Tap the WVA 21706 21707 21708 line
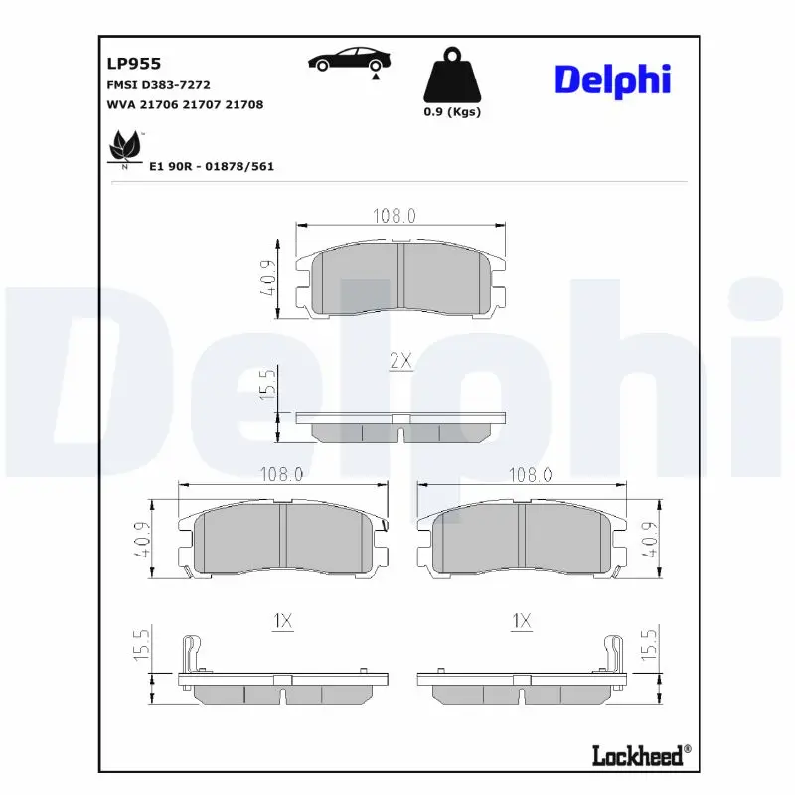point(184,104)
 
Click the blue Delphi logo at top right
point(612,79)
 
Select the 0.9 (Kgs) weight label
point(452,112)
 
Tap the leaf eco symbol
point(125,147)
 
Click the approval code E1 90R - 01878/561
point(211,166)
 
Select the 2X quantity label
point(400,362)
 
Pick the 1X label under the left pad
point(282,621)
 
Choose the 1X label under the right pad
point(522,621)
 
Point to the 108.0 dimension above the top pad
point(395,216)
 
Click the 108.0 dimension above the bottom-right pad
point(530,475)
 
